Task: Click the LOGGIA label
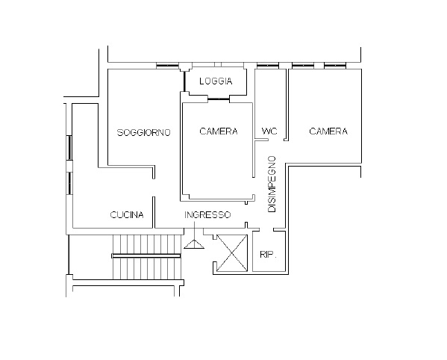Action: pos(216,81)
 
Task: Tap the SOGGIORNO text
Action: pos(144,133)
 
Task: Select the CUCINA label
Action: pos(127,215)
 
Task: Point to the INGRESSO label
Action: pos(207,215)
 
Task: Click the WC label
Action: pos(269,131)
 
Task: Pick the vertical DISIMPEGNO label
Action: pos(272,184)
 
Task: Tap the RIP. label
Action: pos(268,255)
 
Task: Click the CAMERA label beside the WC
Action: pos(328,131)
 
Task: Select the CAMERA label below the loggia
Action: pos(219,131)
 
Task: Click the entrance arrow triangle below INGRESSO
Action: pos(194,244)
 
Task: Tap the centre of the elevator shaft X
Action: pos(232,253)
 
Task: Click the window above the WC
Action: pos(268,66)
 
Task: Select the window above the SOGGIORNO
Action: pos(167,66)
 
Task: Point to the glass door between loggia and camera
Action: pos(219,99)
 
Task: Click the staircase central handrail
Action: pos(146,256)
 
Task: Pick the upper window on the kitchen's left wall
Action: pos(69,148)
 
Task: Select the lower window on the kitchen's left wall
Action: pos(69,183)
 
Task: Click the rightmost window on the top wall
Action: pos(335,66)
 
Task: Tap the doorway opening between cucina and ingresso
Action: pos(154,187)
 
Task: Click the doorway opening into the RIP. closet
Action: pos(266,229)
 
